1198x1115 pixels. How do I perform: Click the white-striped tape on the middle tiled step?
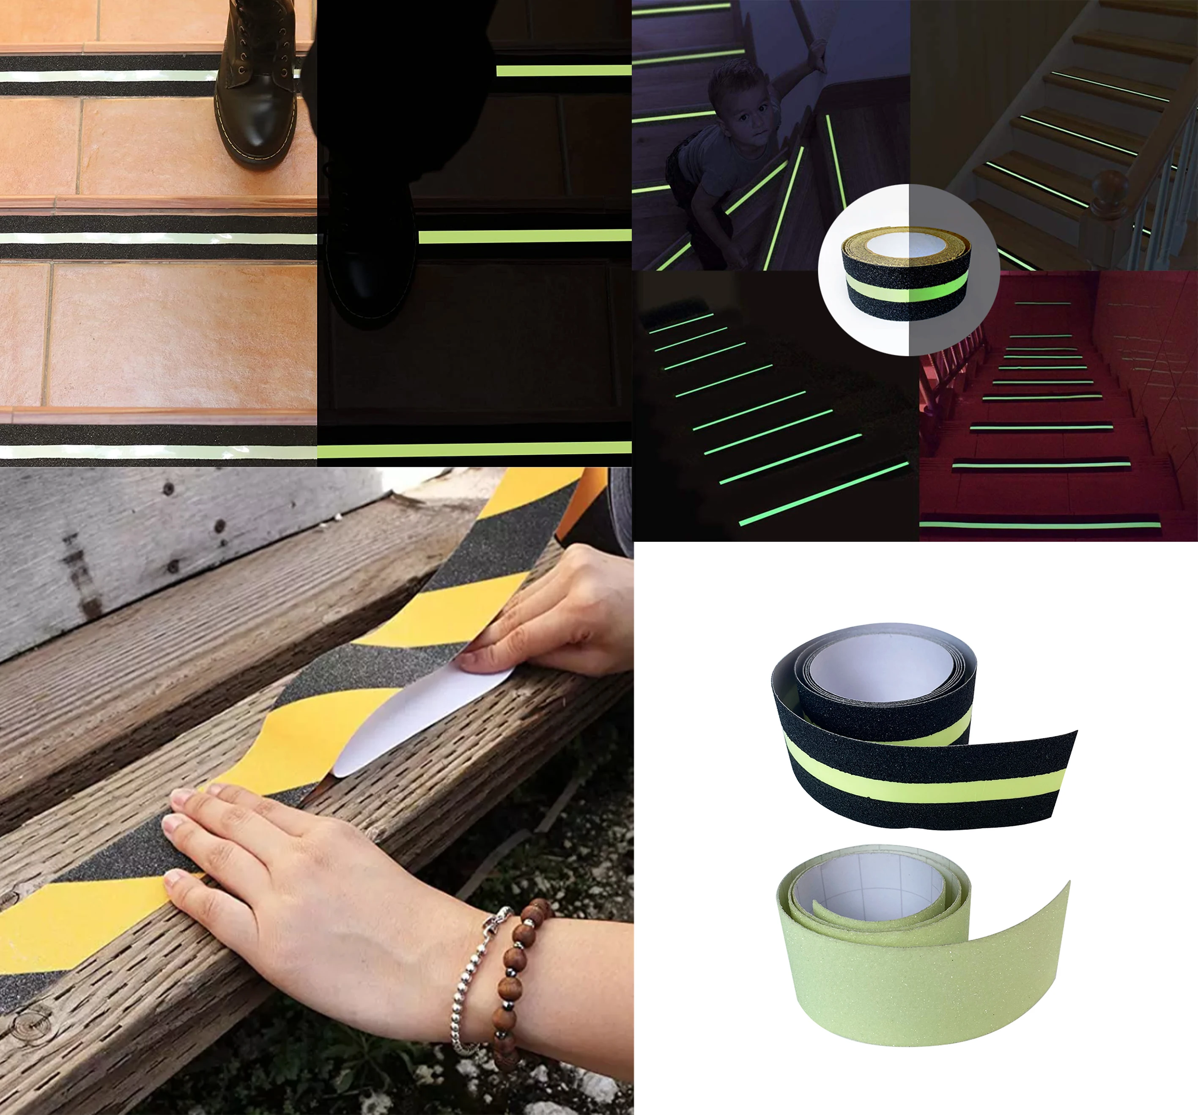click(157, 239)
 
